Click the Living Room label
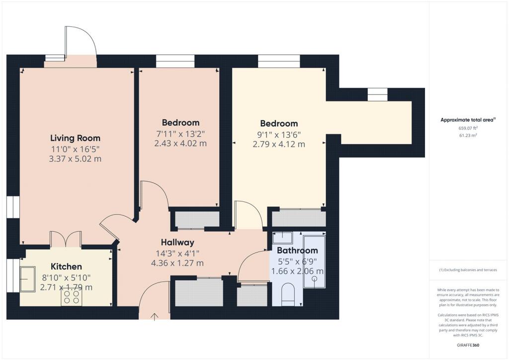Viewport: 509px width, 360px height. click(76, 138)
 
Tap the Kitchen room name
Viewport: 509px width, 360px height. click(66, 267)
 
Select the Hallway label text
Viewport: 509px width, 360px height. click(177, 242)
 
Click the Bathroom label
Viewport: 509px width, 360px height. click(297, 250)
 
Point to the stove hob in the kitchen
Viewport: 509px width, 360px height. click(72, 297)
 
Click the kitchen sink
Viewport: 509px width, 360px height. click(28, 279)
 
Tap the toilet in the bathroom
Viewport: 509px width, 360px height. click(288, 294)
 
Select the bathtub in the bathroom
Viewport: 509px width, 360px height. click(314, 262)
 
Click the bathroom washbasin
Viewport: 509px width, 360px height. click(282, 238)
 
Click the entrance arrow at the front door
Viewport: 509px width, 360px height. click(155, 317)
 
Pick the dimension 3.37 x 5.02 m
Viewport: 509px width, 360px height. click(76, 159)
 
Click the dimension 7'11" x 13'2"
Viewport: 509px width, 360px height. click(180, 134)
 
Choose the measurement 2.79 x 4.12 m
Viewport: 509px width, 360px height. click(279, 144)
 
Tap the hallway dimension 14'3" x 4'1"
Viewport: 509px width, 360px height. click(177, 253)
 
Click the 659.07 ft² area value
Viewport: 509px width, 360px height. click(468, 128)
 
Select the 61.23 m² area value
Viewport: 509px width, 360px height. click(468, 135)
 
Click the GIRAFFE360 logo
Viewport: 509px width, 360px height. click(468, 345)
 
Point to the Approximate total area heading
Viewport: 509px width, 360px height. click(468, 120)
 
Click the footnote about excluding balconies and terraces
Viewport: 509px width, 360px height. click(468, 270)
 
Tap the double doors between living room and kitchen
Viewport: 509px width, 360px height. click(66, 240)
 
